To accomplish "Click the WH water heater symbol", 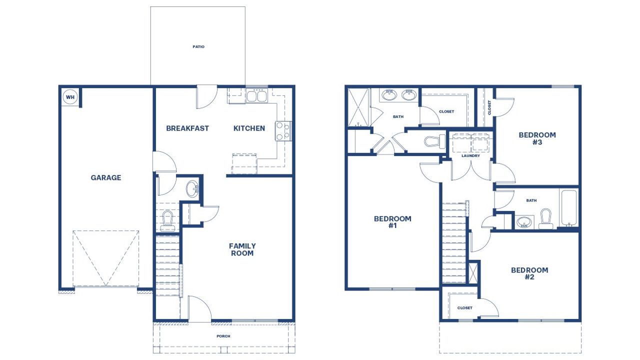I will (70, 97).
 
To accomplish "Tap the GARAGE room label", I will (105, 177).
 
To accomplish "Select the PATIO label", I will (198, 47).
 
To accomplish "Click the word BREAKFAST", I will (187, 128).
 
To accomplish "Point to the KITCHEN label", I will (249, 128).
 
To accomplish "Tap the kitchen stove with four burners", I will (283, 130).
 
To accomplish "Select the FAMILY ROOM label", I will (242, 249).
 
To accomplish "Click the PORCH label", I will (223, 336).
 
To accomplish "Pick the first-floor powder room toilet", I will (167, 220).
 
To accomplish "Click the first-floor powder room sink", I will (192, 189).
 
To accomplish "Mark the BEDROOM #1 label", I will (392, 222).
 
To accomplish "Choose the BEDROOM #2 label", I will (529, 273).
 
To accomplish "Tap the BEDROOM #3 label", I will (537, 138).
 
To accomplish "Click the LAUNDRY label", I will (470, 156).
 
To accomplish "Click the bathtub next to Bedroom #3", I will (568, 207).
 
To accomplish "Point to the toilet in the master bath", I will (434, 141).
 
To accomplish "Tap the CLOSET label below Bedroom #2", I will (464, 308).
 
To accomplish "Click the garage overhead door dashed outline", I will (105, 258).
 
